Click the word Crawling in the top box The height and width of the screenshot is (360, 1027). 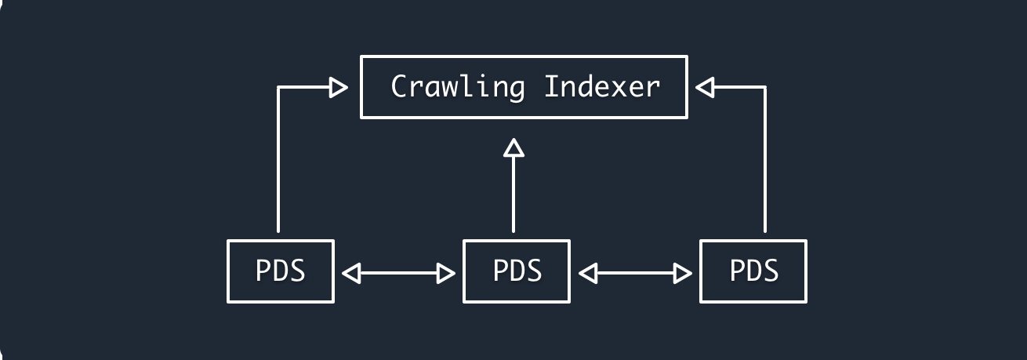[x=457, y=86]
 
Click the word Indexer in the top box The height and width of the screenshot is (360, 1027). [x=602, y=86]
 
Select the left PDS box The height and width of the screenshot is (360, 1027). [x=280, y=271]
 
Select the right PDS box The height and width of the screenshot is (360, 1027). [x=753, y=271]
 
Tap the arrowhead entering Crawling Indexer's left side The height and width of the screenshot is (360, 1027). [x=339, y=87]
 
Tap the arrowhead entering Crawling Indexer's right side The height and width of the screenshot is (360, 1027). [x=706, y=87]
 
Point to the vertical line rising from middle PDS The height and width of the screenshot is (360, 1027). [x=513, y=192]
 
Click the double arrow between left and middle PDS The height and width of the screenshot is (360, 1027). [x=400, y=273]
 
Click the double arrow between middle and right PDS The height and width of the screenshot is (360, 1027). [x=635, y=273]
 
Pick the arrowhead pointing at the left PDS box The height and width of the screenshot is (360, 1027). [x=350, y=273]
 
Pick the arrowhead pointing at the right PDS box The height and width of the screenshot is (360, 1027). [x=684, y=273]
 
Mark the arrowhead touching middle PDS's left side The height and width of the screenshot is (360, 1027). [x=448, y=273]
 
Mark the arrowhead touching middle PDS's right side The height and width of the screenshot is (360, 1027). [x=587, y=273]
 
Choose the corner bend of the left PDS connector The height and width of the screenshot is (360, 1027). [x=278, y=87]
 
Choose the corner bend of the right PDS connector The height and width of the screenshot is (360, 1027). [x=764, y=87]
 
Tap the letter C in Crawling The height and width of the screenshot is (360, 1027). [x=399, y=86]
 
